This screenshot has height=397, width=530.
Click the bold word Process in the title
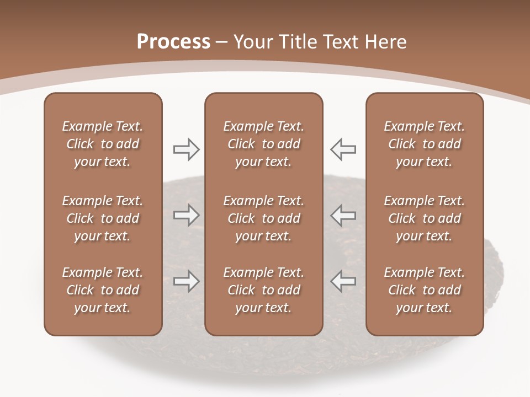[x=173, y=42]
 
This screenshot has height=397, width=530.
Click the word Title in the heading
[x=298, y=42]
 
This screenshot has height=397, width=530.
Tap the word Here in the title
[x=385, y=42]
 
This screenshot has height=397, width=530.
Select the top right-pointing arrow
[x=187, y=149]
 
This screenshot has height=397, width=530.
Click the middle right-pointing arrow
[x=187, y=215]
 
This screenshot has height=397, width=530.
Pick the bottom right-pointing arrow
[x=187, y=281]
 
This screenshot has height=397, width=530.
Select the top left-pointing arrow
[x=343, y=149]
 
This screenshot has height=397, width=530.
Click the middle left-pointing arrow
[x=343, y=215]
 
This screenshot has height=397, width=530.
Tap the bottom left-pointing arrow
[x=343, y=281]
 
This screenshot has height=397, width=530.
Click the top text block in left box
[x=103, y=144]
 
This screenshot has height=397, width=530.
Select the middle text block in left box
[x=103, y=218]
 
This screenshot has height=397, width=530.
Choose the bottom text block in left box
[x=103, y=290]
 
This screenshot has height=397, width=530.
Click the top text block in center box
[x=264, y=144]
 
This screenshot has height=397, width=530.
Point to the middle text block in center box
[x=264, y=218]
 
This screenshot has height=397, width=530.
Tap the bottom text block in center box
[x=264, y=290]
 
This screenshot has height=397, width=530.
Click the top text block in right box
[x=425, y=144]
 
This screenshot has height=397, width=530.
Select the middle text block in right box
[x=425, y=218]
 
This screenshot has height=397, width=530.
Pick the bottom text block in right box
[x=425, y=290]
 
